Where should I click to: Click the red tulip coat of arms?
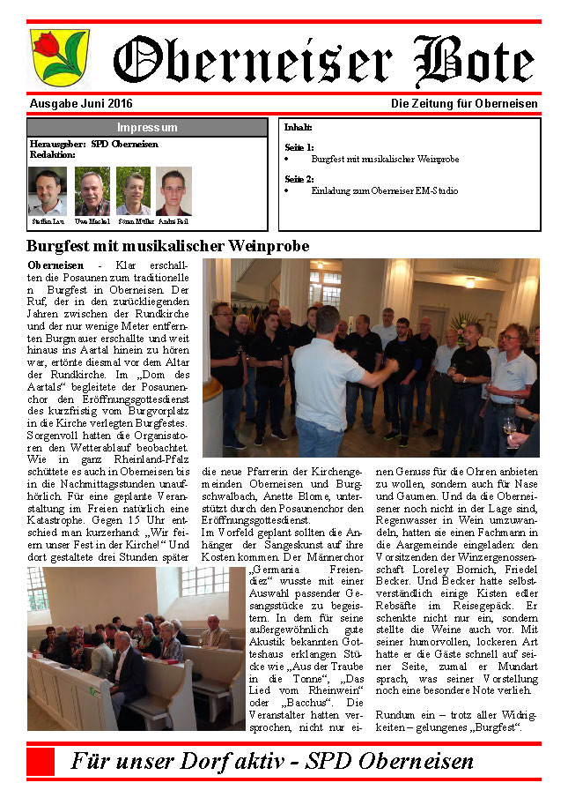point(48,56)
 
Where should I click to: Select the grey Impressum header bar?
point(147,128)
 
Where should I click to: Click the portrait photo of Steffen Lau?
point(47,191)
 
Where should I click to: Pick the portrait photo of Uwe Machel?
point(92,191)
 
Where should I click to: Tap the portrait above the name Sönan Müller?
point(133,191)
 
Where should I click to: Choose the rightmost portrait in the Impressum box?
point(173,191)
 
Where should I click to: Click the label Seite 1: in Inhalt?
point(299,147)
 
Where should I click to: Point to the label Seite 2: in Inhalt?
point(299,179)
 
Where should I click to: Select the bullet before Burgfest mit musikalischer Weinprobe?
point(288,160)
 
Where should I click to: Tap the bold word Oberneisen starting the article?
point(55,265)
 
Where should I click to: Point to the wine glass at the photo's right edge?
point(509,429)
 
